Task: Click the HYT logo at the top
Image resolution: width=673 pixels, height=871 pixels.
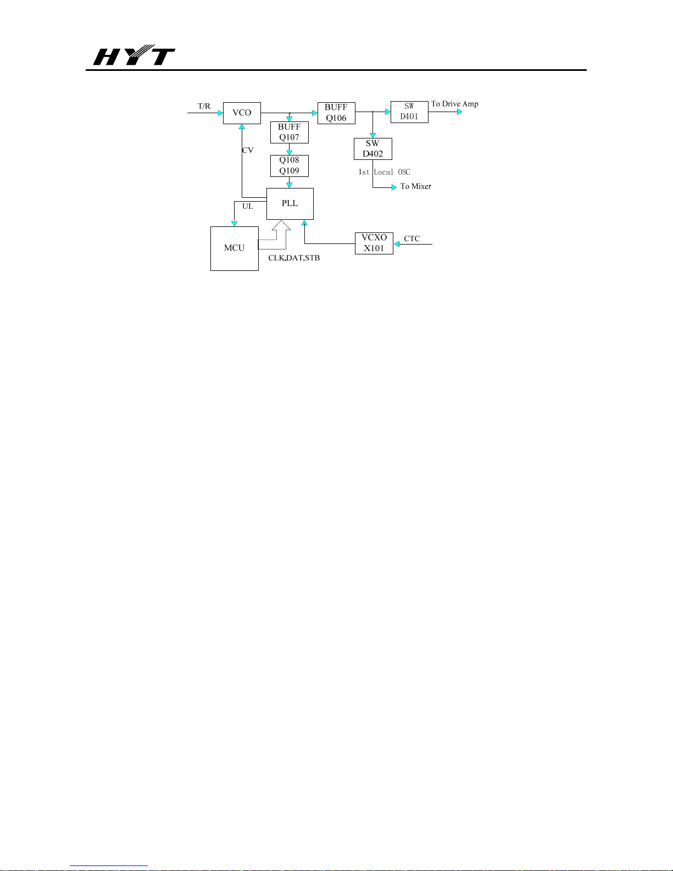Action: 134,55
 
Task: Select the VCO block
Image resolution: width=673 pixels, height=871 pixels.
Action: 242,113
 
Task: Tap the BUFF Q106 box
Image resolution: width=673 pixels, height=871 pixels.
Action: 336,113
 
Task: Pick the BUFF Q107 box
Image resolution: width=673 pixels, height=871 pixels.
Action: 289,132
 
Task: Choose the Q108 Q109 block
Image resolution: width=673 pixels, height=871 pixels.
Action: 289,165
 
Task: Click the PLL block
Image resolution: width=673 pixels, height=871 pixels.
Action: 290,204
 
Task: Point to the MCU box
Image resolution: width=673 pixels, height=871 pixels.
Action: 235,248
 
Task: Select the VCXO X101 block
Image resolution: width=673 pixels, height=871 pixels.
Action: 374,243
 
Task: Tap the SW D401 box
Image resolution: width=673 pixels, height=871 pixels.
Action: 409,112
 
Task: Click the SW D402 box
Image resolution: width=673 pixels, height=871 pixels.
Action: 373,149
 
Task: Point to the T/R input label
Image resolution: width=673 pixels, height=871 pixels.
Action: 204,106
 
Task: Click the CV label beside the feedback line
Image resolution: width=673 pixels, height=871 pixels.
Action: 248,151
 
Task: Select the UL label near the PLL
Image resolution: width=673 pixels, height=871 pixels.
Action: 248,207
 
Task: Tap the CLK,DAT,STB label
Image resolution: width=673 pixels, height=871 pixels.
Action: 294,258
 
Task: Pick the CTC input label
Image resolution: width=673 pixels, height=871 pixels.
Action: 412,239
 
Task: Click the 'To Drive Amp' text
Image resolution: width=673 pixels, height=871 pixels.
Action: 455,104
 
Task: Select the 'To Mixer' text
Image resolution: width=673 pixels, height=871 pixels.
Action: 416,186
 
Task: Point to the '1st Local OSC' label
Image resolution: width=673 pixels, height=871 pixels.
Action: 384,172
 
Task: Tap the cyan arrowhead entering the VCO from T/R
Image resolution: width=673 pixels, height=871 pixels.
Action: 220,113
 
